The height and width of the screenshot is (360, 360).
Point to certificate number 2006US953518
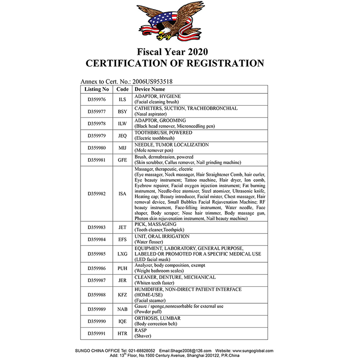[x=151, y=82]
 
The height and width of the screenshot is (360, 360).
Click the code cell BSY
[x=122, y=112]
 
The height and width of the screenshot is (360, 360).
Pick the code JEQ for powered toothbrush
[x=122, y=135]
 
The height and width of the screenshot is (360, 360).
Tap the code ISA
[x=122, y=194]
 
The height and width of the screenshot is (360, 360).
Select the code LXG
[x=122, y=254]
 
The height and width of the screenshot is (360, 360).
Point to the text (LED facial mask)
[x=152, y=260]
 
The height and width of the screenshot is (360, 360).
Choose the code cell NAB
[x=122, y=309]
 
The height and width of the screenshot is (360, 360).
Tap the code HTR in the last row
[x=122, y=333]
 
